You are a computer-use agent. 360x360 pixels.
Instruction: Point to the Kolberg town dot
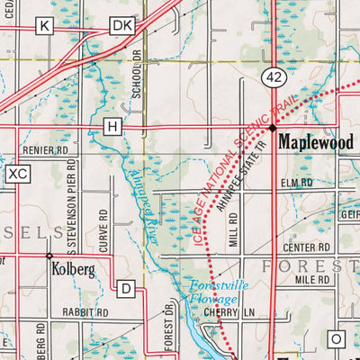tap(49, 256)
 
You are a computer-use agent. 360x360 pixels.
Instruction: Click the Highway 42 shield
tap(274, 78)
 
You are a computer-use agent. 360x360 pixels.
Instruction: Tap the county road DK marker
tap(121, 27)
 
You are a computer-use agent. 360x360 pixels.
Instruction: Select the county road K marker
tap(44, 27)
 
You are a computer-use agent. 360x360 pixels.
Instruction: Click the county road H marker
tap(112, 127)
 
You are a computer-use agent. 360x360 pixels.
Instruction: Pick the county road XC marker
tap(17, 173)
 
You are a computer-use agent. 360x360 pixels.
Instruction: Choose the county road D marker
tap(127, 289)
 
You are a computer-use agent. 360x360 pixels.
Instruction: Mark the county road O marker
tap(337, 338)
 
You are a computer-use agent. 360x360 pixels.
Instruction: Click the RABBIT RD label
tap(87, 312)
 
